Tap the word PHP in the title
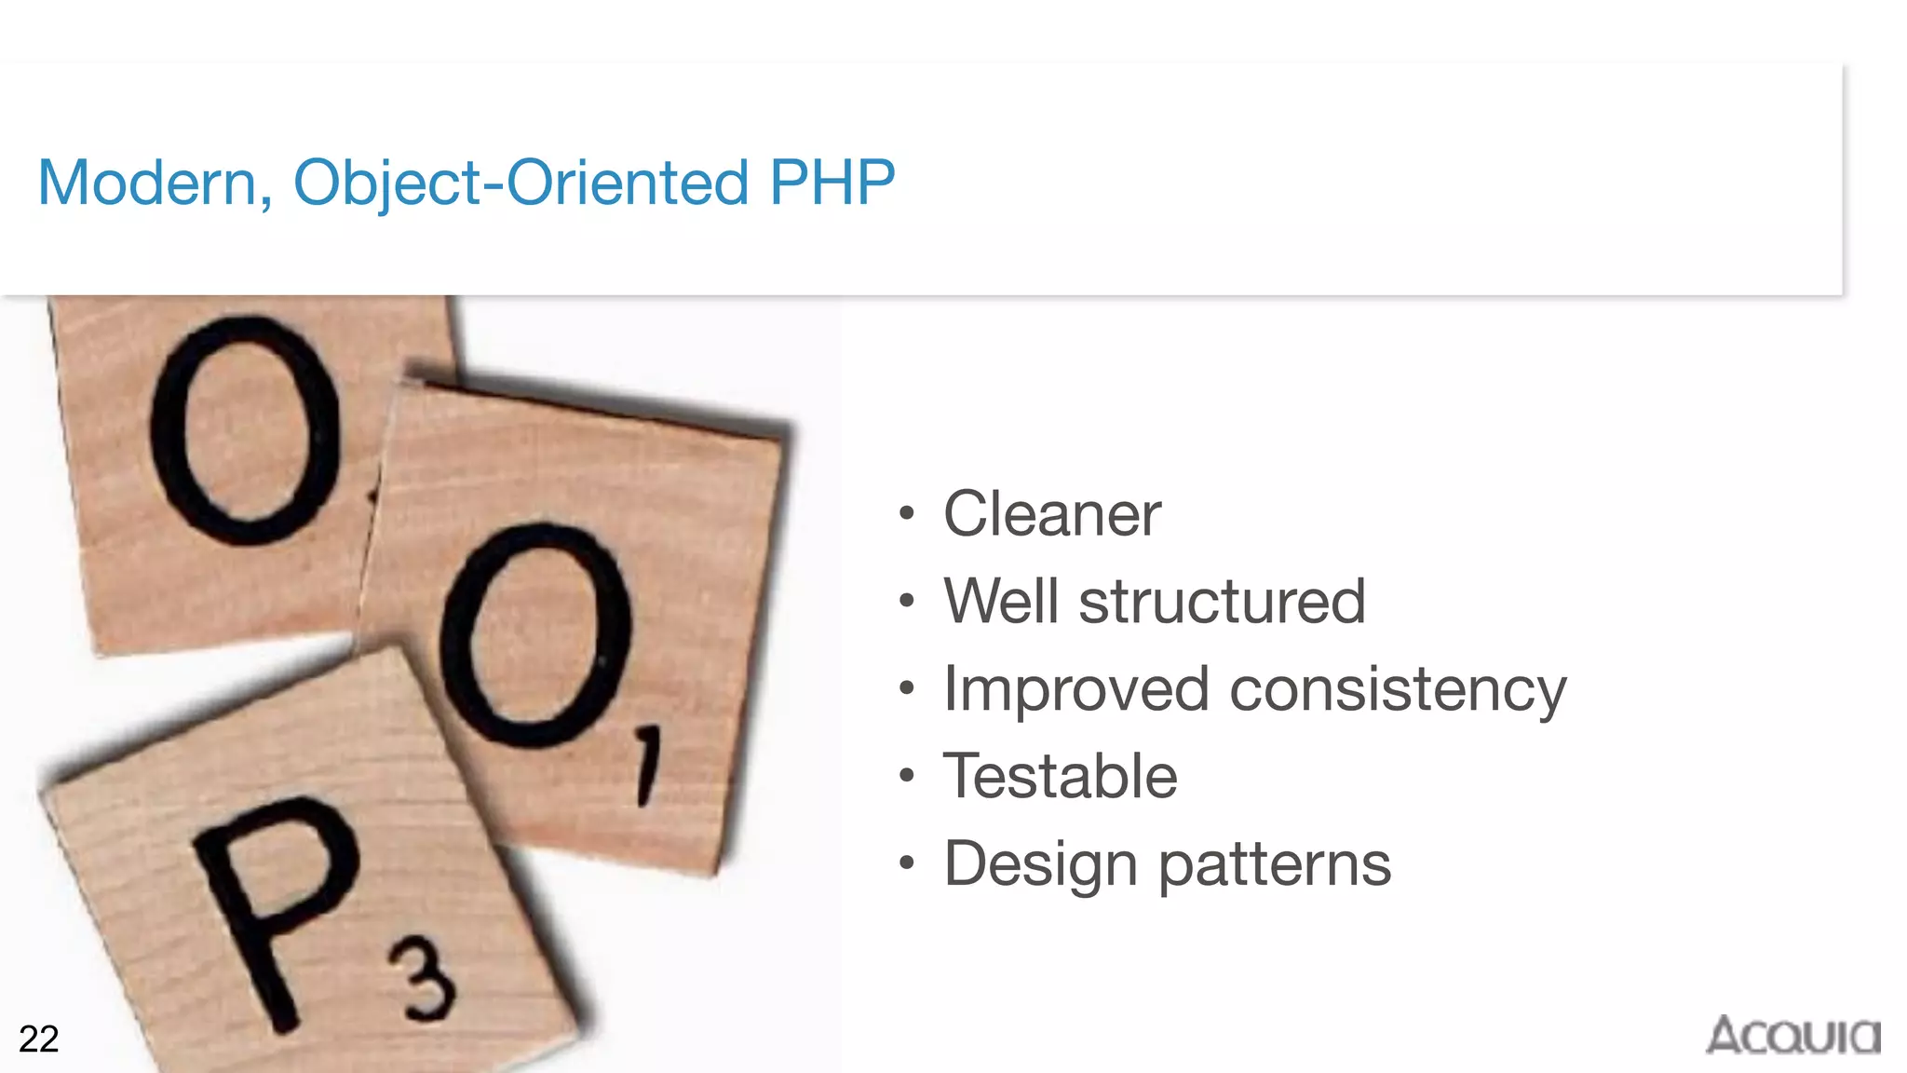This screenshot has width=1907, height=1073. tap(832, 182)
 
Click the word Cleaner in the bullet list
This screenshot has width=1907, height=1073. tap(1052, 514)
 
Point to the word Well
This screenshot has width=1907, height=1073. tap(1001, 601)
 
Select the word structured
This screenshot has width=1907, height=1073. tap(1222, 602)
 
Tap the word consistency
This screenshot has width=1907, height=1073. tap(1398, 690)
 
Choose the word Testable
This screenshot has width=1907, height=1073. tap(1061, 776)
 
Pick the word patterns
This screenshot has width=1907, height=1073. tap(1275, 864)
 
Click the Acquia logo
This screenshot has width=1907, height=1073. tap(1792, 1036)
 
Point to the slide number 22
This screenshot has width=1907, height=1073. tap(39, 1039)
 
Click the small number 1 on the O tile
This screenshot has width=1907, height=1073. tap(648, 766)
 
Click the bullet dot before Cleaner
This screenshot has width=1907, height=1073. tap(907, 513)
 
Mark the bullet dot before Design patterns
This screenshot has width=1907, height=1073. tap(907, 863)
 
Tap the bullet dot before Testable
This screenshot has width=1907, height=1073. tap(907, 775)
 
